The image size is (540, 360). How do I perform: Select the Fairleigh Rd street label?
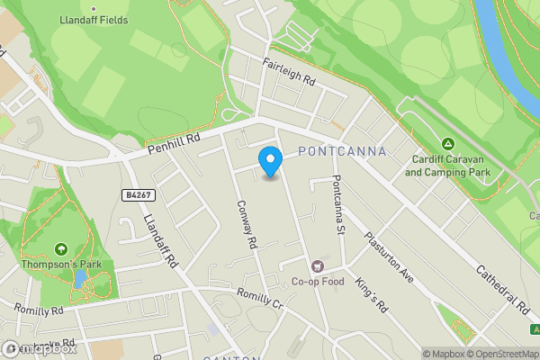289,72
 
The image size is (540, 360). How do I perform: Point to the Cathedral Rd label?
502,290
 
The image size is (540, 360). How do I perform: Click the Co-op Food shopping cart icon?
316,266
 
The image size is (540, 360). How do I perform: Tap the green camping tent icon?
447,144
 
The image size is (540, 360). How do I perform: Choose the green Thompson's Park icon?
61,248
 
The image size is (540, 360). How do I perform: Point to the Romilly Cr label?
259,300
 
